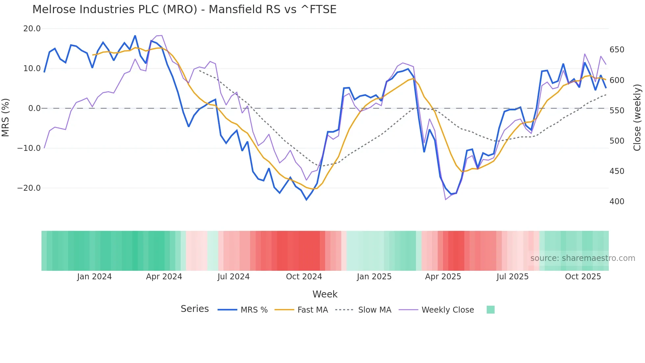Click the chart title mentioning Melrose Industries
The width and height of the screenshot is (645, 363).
coord(184,10)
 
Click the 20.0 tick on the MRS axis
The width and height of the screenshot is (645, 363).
coord(32,29)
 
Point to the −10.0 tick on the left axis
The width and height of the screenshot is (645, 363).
coord(29,148)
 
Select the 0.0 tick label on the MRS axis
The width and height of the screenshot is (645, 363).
coord(35,108)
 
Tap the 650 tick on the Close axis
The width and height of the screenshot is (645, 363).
coord(617,50)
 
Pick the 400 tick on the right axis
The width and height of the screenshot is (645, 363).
coord(617,202)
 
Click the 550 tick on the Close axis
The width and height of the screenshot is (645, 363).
coord(617,111)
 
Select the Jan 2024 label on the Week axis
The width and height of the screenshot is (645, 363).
coord(94,277)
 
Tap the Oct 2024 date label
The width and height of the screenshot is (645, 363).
coord(304,277)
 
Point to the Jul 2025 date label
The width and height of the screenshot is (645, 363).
coord(512,277)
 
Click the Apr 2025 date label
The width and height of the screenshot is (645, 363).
coord(443,277)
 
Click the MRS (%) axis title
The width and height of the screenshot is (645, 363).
coord(5,117)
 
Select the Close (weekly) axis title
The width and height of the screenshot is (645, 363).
coord(637,117)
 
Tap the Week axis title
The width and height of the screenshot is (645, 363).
coord(325,294)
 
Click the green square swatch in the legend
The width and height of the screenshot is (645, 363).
coord(490,310)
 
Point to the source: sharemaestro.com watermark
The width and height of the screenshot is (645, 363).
coord(582,258)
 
